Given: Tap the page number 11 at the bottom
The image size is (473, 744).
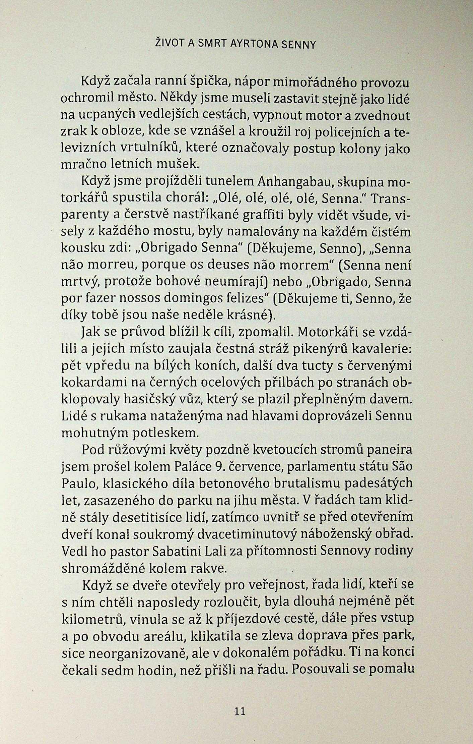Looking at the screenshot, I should pos(240,709).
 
